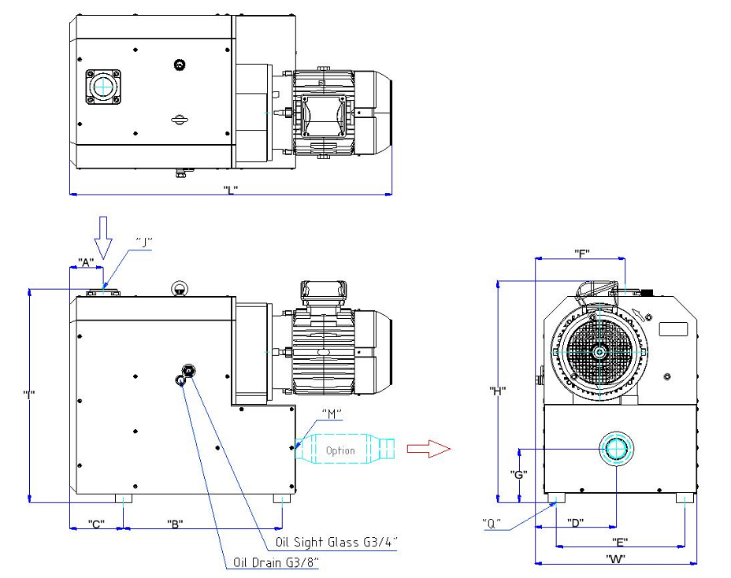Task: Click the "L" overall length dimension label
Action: coord(229,189)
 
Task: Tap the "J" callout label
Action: coord(143,242)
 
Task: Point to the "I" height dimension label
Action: coord(29,394)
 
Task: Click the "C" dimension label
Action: coord(97,524)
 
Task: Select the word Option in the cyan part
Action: coord(340,451)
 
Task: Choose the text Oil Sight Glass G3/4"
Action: coord(336,542)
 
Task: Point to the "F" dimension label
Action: coord(583,253)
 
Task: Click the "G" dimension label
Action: coord(518,475)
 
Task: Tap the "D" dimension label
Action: coord(576,523)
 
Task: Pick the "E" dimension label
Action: coord(620,542)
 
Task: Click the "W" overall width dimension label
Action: coord(615,559)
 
